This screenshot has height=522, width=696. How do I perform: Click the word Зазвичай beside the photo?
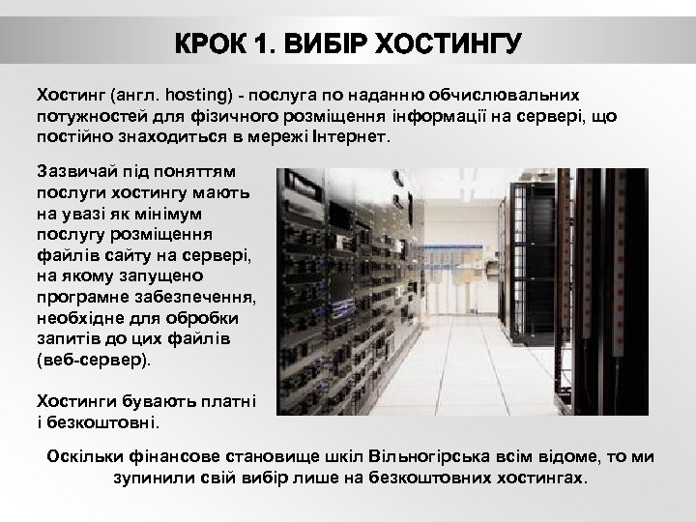coord(73,172)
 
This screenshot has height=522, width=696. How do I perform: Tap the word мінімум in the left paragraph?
coord(162,214)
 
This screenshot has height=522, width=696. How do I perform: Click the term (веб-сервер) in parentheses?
coord(93,360)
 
